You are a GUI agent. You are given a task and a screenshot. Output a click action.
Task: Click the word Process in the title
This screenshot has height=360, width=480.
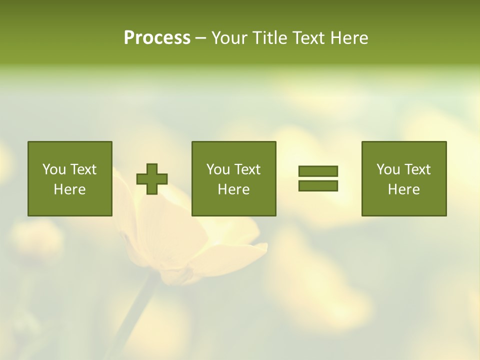tap(157, 38)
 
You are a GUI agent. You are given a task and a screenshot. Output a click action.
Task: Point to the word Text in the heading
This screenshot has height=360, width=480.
tap(307, 38)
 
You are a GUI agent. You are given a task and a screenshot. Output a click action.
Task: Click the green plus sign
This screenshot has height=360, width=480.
tap(152, 179)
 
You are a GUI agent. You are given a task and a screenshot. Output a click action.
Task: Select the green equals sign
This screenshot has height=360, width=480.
tap(318, 178)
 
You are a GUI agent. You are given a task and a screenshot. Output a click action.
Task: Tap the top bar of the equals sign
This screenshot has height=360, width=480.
tap(318, 171)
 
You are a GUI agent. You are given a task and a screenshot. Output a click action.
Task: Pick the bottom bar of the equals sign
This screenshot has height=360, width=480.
tap(318, 185)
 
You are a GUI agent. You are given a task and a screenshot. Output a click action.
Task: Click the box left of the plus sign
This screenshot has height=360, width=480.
tap(70, 178)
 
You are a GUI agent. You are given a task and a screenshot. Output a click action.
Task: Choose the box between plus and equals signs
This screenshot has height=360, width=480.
tap(234, 178)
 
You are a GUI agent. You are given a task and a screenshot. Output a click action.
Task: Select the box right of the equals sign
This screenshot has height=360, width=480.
tap(404, 178)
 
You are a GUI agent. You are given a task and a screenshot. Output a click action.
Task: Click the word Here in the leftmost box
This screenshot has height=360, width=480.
tap(70, 189)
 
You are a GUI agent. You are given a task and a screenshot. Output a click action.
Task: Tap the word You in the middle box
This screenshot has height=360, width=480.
tap(218, 169)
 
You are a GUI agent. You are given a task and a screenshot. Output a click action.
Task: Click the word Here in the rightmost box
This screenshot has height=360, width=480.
tap(404, 189)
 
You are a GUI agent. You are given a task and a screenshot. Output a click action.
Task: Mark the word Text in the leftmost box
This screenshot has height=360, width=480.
tap(83, 169)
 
